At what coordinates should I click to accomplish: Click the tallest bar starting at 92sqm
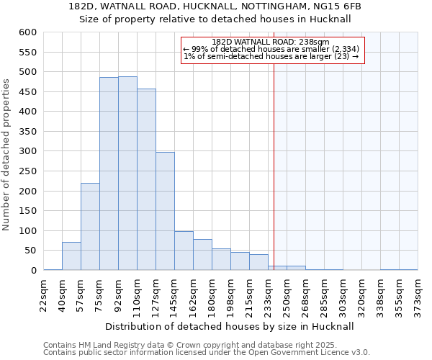click(127, 173)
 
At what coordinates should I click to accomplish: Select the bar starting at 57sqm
click(90, 226)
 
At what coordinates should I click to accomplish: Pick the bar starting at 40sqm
click(71, 256)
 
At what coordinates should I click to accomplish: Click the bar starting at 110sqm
click(146, 179)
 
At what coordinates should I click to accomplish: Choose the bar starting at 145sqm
click(184, 251)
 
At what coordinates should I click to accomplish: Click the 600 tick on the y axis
click(27, 32)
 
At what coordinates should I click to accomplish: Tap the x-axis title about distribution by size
click(230, 326)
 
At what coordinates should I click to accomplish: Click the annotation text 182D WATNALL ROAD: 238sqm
click(271, 42)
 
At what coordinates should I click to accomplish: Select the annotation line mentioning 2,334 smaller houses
click(271, 49)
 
